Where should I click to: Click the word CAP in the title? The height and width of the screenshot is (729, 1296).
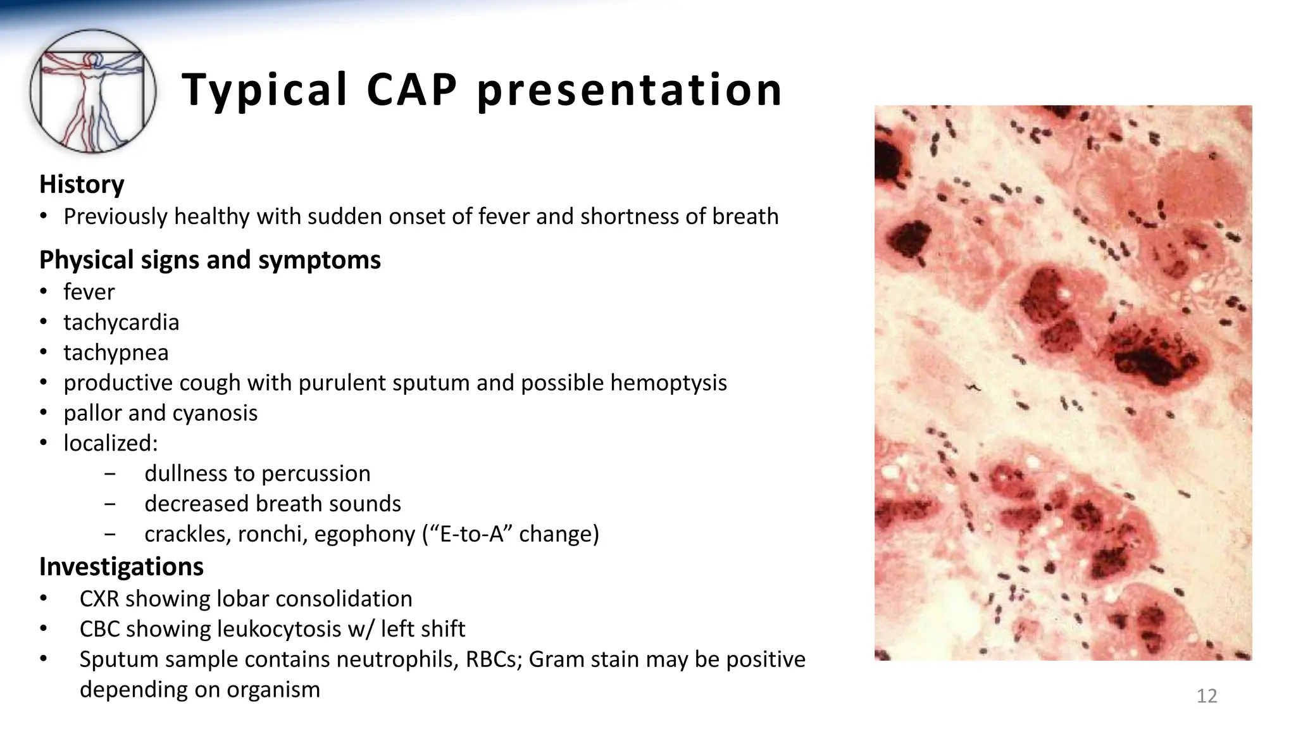pyautogui.click(x=411, y=89)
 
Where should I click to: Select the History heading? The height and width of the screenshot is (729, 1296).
pyautogui.click(x=82, y=184)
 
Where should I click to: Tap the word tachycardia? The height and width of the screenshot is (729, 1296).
pyautogui.click(x=121, y=322)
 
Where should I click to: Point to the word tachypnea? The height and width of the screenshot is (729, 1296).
pyautogui.click(x=116, y=352)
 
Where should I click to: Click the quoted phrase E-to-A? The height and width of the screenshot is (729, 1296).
pyautogui.click(x=472, y=534)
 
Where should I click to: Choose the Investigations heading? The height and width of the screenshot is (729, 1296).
pyautogui.click(x=121, y=566)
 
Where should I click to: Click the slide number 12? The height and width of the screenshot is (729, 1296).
pyautogui.click(x=1207, y=696)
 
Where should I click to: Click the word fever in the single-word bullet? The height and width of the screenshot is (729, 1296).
pyautogui.click(x=89, y=292)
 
